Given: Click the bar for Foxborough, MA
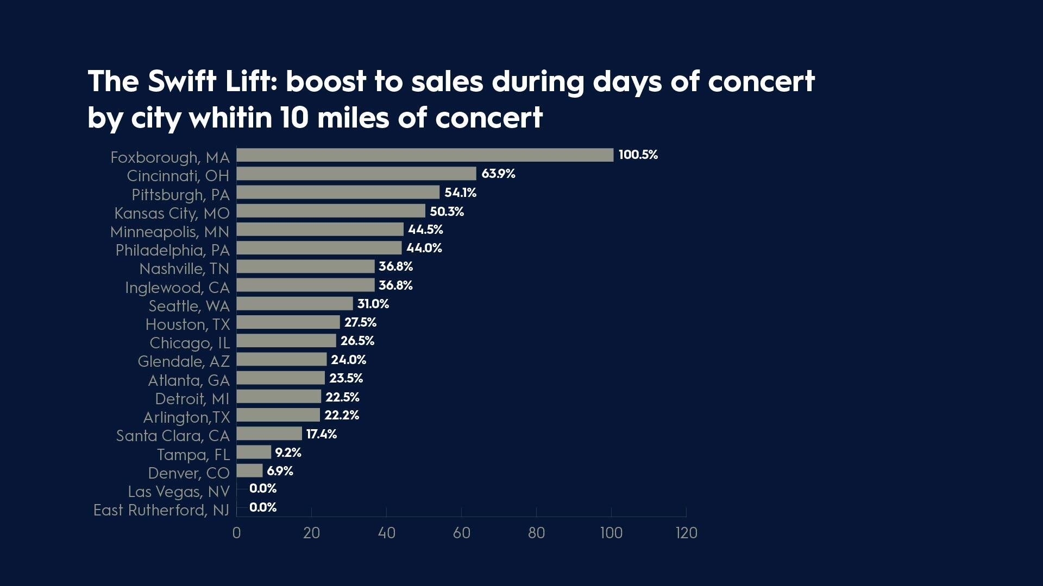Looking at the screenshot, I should click(425, 155).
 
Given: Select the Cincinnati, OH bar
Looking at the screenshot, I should click(356, 174).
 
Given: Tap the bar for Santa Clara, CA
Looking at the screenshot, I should click(269, 434).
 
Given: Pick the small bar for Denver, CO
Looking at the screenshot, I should click(249, 470).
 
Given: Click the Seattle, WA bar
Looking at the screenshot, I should click(294, 303).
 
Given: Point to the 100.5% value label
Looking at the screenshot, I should click(638, 155).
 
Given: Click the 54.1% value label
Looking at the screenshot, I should click(460, 193).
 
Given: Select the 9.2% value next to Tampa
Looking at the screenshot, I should click(288, 453).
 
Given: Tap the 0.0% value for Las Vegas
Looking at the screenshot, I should click(263, 488).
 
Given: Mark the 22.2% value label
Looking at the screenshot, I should click(342, 415).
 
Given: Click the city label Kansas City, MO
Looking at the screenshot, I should click(172, 213).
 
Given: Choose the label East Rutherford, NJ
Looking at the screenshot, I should click(161, 510).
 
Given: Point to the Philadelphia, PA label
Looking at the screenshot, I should click(172, 250).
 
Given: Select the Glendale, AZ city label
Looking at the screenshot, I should click(184, 361).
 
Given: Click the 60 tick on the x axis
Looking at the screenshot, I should click(461, 533).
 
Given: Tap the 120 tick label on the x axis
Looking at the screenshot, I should click(686, 533).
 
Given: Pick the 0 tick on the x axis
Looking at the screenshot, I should click(236, 533).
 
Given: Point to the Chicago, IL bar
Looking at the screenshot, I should click(286, 341).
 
